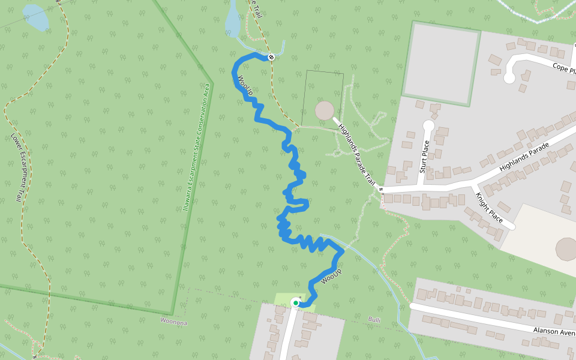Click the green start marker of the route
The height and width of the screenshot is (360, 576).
click(296, 303)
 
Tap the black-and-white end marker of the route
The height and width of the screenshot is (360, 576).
click(271, 57)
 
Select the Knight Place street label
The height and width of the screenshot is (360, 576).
click(488, 208)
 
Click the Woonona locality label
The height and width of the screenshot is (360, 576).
click(174, 322)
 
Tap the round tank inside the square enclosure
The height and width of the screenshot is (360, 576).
click(325, 110)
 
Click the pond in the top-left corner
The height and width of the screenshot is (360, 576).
click(35, 18)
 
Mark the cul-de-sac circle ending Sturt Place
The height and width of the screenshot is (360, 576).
click(428, 126)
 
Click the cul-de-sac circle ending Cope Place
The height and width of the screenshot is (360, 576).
click(509, 77)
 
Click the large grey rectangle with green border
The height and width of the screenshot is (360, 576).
click(442, 64)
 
